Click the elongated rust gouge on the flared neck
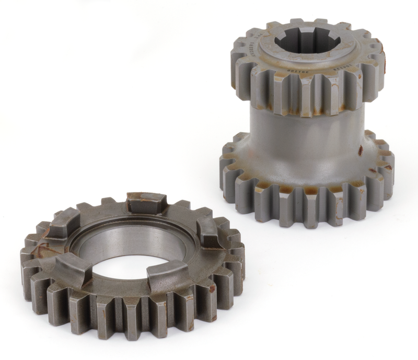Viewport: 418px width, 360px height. pos(360,150)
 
